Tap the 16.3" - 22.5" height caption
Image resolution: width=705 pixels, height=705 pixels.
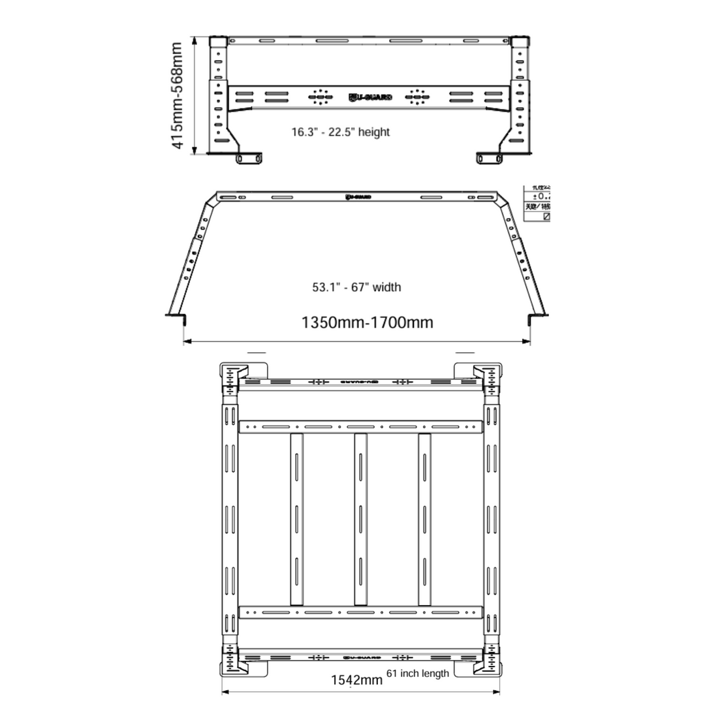(x=340, y=133)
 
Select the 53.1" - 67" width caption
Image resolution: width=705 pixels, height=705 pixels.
(x=356, y=287)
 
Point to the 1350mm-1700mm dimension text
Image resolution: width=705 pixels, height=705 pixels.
(x=367, y=322)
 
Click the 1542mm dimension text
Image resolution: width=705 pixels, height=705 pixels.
(x=356, y=680)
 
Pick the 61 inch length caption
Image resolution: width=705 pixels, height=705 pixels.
(x=418, y=673)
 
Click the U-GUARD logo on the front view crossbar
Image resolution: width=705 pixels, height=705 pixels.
(x=370, y=98)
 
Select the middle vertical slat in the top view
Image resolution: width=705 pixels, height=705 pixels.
(x=360, y=519)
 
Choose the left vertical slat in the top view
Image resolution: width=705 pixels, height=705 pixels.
(x=296, y=519)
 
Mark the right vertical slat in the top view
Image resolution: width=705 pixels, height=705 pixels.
(x=425, y=519)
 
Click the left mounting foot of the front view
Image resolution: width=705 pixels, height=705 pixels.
(x=249, y=158)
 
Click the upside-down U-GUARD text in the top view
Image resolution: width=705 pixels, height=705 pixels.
(x=360, y=381)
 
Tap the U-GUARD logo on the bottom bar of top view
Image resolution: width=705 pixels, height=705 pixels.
(x=360, y=657)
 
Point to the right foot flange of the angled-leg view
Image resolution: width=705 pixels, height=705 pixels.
(x=537, y=317)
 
